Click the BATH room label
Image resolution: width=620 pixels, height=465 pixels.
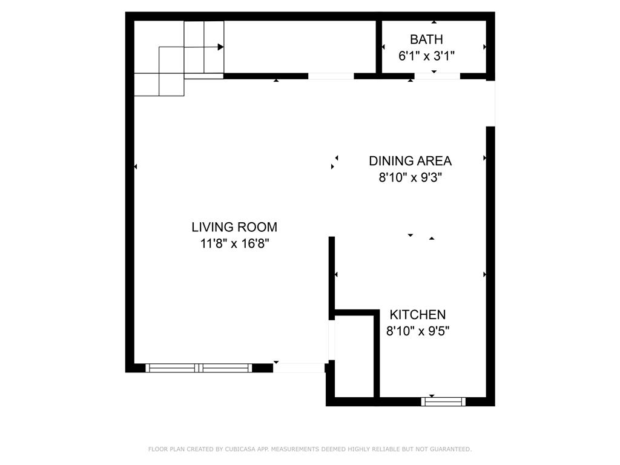[x=426, y=39]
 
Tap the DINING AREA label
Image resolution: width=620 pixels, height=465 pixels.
[x=410, y=160]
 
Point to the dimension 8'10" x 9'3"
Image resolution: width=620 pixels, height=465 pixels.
[x=410, y=178]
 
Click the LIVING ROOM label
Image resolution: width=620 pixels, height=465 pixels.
[x=234, y=227]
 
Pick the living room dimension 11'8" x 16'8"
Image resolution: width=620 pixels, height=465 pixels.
[x=234, y=244]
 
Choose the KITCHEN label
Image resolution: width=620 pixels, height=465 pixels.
[x=417, y=315]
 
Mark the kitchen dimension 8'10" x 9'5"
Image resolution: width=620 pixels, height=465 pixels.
[x=417, y=331]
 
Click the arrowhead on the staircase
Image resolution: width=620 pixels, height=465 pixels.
[x=221, y=47]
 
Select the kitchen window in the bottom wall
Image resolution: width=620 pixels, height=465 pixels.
[x=443, y=401]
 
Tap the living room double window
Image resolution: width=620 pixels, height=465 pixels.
[x=199, y=368]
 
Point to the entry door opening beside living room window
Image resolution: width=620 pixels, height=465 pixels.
[x=298, y=368]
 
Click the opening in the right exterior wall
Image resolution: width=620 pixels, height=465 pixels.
[x=490, y=104]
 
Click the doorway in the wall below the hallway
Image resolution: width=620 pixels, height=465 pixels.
[x=331, y=76]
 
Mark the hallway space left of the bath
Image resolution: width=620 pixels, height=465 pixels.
[x=300, y=47]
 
